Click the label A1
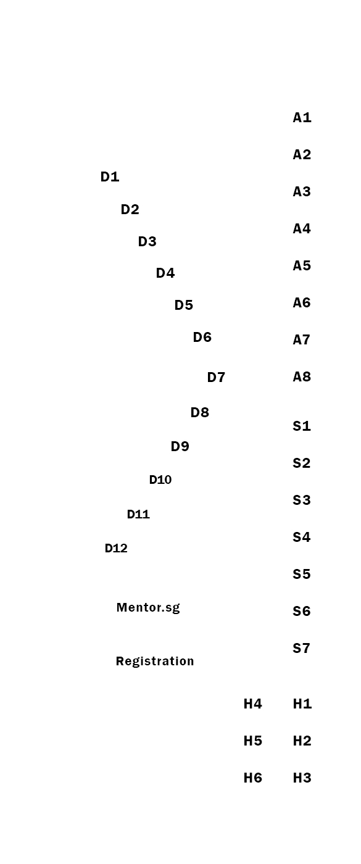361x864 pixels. (302, 118)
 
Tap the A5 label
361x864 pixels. (302, 266)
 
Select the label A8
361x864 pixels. (302, 377)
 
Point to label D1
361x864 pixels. (110, 177)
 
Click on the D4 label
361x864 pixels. (165, 273)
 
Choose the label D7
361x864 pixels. (216, 378)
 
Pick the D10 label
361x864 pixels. (160, 480)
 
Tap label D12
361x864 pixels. (116, 549)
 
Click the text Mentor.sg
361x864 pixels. (148, 608)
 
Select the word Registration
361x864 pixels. (155, 662)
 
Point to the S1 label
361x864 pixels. (302, 426)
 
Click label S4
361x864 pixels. (302, 538)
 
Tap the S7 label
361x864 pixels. (302, 649)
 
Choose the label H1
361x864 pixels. (302, 704)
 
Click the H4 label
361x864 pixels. (253, 704)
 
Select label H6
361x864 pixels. (253, 778)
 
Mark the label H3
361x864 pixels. (302, 778)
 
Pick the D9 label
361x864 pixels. (180, 447)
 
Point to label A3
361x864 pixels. (302, 192)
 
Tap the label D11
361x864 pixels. (138, 515)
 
